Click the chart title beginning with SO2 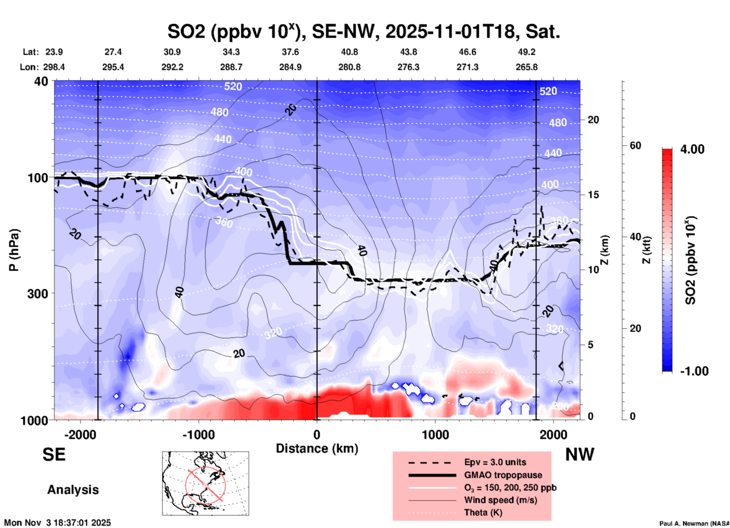[x=364, y=32]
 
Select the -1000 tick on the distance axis [x=198, y=434]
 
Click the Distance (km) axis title [x=317, y=448]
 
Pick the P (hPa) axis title [x=14, y=250]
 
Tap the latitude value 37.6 [x=290, y=52]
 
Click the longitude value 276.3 [x=408, y=67]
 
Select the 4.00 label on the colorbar [x=692, y=149]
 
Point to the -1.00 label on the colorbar [x=694, y=371]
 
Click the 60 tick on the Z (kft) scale [x=635, y=145]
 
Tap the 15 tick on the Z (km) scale [x=593, y=195]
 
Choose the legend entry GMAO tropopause [x=503, y=475]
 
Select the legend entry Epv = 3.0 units [x=495, y=462]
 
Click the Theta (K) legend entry [x=483, y=512]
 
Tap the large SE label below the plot [x=54, y=455]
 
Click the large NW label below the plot [x=580, y=455]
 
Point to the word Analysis [x=73, y=490]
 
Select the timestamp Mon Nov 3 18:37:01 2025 [x=58, y=523]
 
